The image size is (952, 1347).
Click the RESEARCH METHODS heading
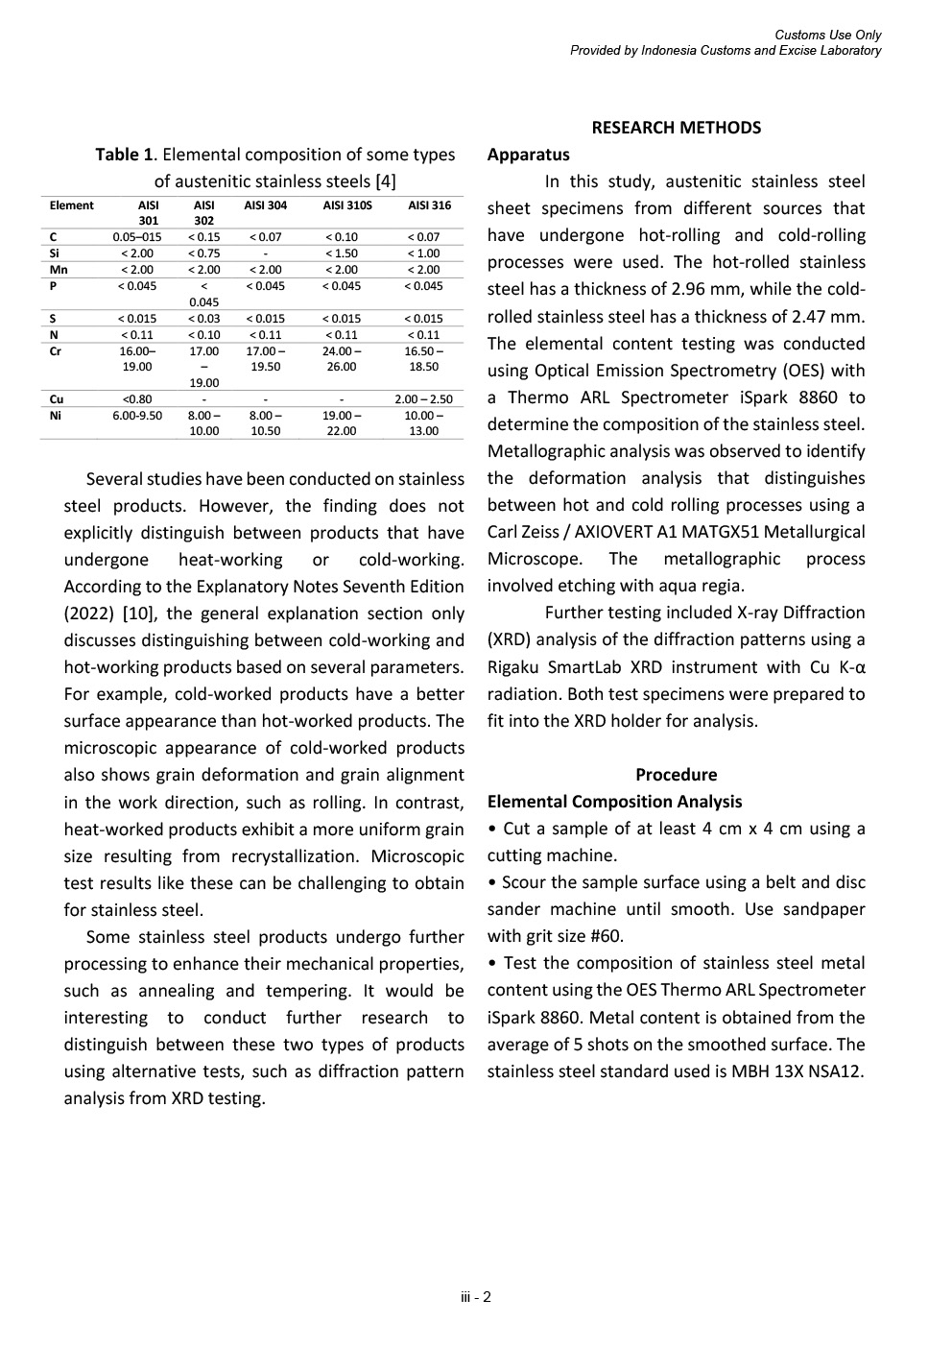tap(676, 128)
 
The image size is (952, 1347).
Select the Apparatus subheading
tap(528, 155)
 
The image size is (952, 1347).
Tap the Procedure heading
tap(676, 775)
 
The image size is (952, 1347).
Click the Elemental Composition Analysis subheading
tap(614, 802)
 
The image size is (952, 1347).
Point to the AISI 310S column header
tap(347, 205)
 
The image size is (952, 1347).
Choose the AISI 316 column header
tap(429, 205)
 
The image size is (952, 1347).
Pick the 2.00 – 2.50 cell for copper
tap(423, 398)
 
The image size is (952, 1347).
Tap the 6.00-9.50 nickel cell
tap(137, 415)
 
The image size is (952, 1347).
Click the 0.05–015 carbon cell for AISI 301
tap(137, 237)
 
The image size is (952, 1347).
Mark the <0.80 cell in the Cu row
tap(137, 398)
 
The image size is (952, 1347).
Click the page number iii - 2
tap(476, 1298)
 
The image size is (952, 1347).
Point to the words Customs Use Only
tap(827, 36)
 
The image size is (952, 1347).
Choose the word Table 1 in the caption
tap(124, 155)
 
